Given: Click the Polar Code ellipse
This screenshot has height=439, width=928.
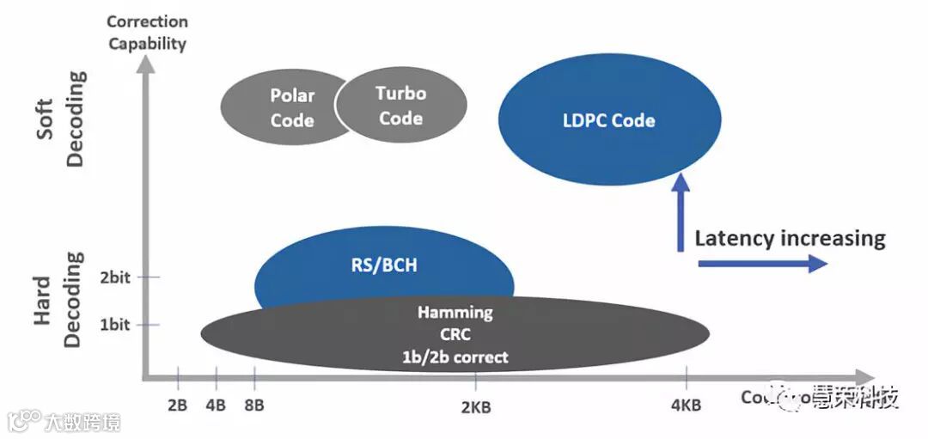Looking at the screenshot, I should [279, 107].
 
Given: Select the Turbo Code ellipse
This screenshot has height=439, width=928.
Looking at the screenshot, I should [400, 106].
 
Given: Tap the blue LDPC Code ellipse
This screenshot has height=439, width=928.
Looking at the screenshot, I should [609, 120].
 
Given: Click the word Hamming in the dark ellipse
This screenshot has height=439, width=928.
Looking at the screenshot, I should [455, 313].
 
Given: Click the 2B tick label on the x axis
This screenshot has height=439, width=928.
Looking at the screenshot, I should [178, 405].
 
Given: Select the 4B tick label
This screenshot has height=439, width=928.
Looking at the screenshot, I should [216, 405].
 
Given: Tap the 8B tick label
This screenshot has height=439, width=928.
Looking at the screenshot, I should [255, 405].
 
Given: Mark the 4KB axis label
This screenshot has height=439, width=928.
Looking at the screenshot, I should [687, 403].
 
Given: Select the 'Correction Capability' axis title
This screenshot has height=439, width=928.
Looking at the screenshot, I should [147, 33].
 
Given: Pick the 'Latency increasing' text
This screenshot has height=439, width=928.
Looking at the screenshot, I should [790, 238].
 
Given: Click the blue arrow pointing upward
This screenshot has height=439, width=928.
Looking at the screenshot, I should [681, 210].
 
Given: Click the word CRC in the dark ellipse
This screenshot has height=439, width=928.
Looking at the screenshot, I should [455, 335].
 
